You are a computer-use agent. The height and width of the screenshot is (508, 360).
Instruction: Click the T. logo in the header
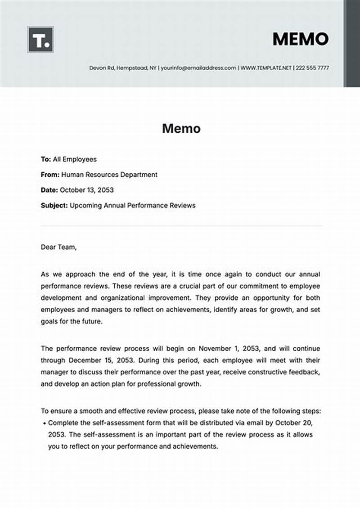[40, 40]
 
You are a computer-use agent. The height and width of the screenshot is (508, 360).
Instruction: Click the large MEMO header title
[300, 39]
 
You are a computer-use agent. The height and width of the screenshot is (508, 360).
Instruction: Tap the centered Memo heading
[181, 129]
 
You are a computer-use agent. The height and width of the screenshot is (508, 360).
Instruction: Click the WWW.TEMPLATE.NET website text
[266, 68]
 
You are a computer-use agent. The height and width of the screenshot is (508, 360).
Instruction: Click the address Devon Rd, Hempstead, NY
[122, 68]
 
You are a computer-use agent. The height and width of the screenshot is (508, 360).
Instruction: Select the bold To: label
[46, 159]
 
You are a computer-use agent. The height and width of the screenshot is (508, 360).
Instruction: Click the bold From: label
[50, 175]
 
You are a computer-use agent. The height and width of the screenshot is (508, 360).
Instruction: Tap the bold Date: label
[49, 190]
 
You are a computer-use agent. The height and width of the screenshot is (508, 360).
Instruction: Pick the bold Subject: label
[54, 205]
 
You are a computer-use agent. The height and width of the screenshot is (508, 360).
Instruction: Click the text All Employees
[75, 159]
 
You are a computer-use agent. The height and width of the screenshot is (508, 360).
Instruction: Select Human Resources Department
[109, 175]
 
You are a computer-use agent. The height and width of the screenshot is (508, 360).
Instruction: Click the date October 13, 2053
[86, 190]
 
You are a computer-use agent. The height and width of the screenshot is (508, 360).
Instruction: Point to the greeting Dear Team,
[59, 247]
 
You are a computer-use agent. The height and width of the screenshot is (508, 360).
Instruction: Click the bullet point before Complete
[44, 423]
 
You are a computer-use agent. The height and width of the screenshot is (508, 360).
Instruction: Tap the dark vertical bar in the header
[351, 43]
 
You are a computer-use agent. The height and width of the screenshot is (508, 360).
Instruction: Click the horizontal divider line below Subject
[181, 225]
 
